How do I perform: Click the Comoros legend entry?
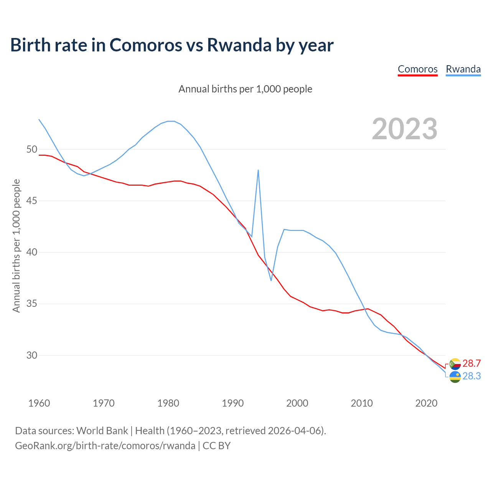click(417, 69)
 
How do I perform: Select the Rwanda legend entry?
click(463, 69)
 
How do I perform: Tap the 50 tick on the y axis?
click(31, 149)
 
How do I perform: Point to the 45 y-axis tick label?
click(31, 201)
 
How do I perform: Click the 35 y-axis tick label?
click(31, 304)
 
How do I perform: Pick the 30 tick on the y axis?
click(31, 355)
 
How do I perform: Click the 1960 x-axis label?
click(39, 403)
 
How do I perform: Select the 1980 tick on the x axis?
click(168, 403)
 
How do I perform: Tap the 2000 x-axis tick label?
click(297, 403)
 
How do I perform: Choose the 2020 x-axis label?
click(426, 403)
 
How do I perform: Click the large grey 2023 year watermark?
click(405, 129)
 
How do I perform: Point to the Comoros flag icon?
click(455, 364)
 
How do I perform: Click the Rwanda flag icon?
click(455, 377)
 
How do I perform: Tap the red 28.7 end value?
click(471, 364)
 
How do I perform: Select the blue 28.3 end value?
click(471, 376)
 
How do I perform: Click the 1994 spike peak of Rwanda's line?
click(258, 170)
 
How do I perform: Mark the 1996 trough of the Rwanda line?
click(271, 280)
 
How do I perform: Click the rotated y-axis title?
click(16, 245)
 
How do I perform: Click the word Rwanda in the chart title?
click(239, 45)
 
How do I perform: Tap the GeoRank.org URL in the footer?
click(105, 446)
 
